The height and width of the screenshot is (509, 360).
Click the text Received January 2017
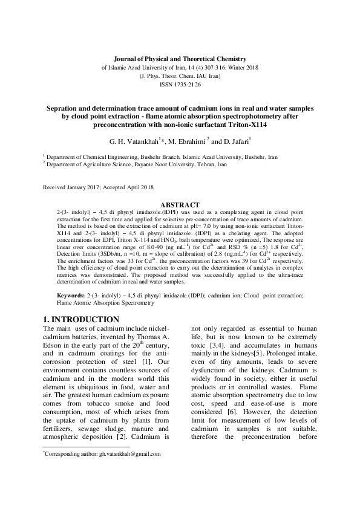tap(73, 188)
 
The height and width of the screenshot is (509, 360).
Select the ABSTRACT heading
tap(180, 206)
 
